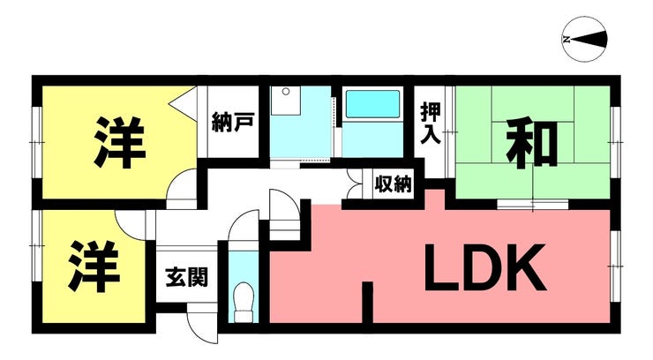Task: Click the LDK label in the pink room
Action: (x=484, y=268)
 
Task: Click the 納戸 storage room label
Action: (x=233, y=123)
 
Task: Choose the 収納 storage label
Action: (x=393, y=185)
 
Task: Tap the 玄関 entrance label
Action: (x=186, y=277)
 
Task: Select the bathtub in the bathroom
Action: (x=372, y=106)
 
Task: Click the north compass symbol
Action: (x=584, y=39)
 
